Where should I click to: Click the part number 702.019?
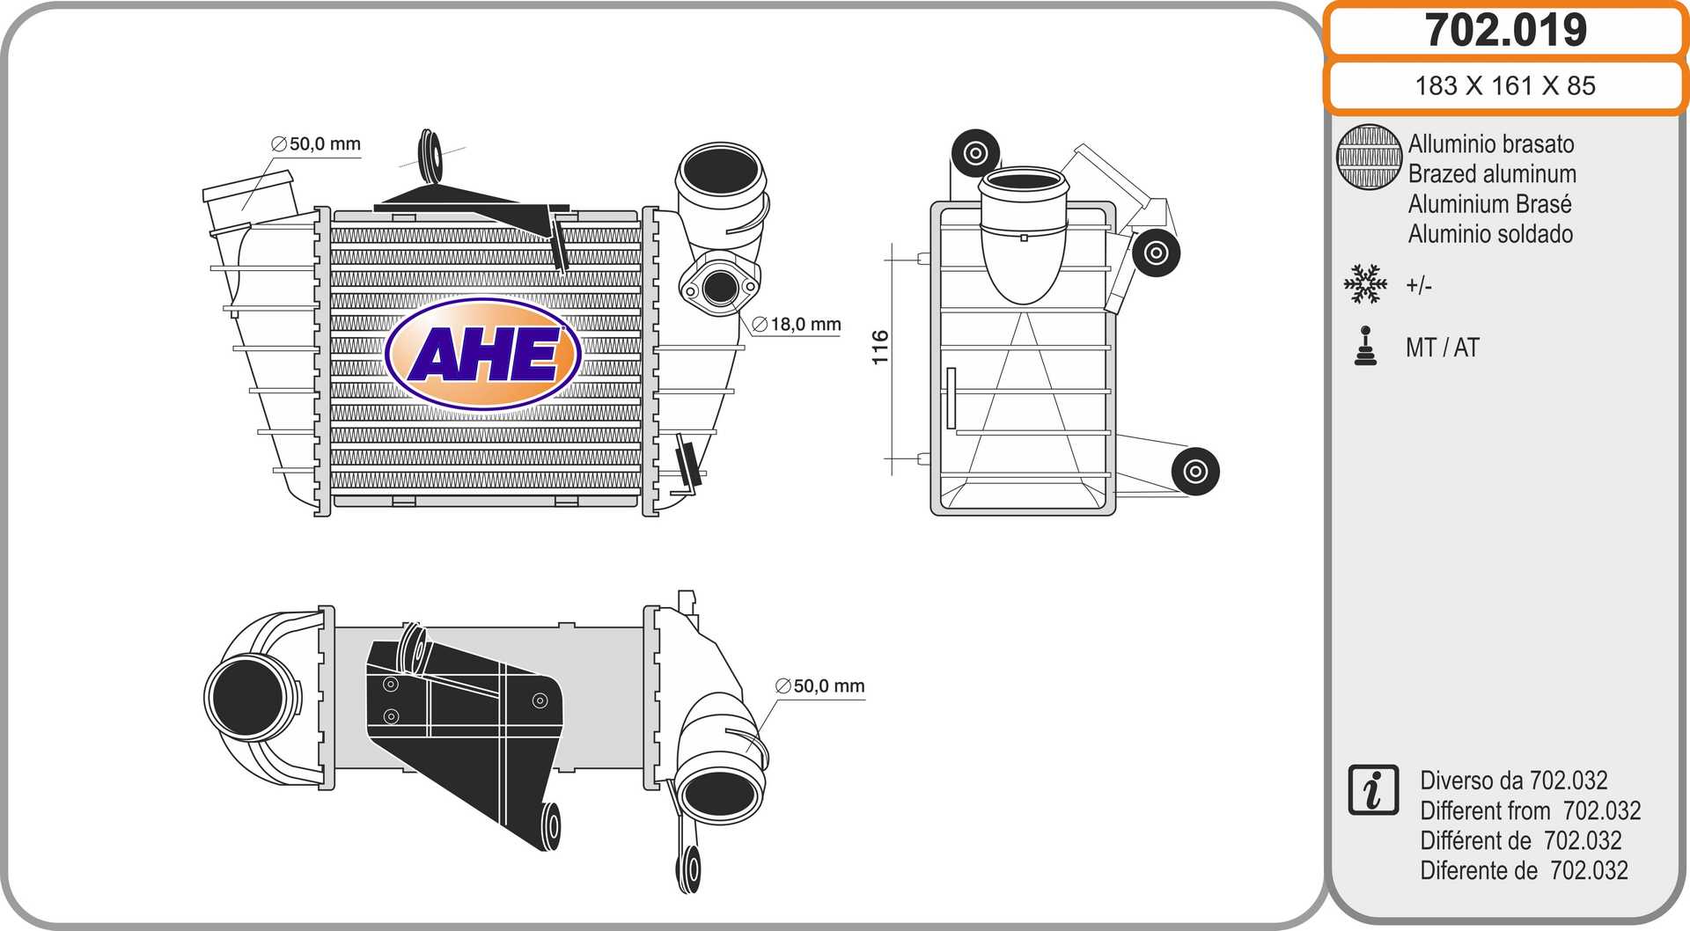click(x=1505, y=30)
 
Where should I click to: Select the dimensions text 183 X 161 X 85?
click(x=1505, y=85)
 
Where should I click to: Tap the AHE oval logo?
click(x=483, y=354)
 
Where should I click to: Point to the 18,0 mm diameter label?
click(x=797, y=324)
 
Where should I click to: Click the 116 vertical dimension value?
click(x=880, y=348)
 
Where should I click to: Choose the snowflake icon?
click(x=1365, y=283)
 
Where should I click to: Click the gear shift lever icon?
click(x=1365, y=345)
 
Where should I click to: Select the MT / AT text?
click(x=1443, y=348)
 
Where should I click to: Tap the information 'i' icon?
click(x=1373, y=789)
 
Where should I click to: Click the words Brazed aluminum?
click(x=1492, y=173)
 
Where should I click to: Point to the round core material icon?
click(x=1369, y=157)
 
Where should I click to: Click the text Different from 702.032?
click(x=1530, y=810)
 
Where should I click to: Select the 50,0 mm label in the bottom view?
click(x=820, y=685)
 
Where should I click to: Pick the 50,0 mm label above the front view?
click(x=316, y=143)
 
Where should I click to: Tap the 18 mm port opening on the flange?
click(x=720, y=286)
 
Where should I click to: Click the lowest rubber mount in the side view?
click(x=1195, y=471)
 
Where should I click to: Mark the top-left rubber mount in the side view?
click(x=975, y=153)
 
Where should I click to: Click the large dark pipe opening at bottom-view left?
click(x=247, y=697)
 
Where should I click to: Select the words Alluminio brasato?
click(x=1491, y=143)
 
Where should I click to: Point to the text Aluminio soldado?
click(x=1490, y=233)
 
